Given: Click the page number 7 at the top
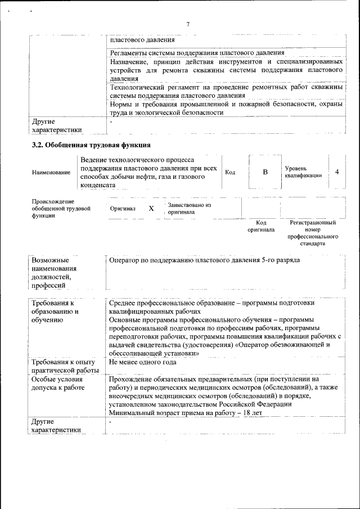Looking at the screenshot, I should click(x=188, y=24).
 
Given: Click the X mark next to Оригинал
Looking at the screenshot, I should click(x=151, y=208).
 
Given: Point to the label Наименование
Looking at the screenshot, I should click(x=51, y=173).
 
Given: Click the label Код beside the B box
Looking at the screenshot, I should click(x=230, y=172).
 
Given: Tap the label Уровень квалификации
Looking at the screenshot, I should click(x=303, y=172).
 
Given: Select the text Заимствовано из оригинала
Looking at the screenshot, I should click(x=189, y=209).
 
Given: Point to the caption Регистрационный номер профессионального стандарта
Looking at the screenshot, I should click(x=312, y=233).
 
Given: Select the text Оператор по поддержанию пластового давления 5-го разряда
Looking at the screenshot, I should click(x=205, y=260).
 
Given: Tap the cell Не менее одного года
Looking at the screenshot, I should click(x=143, y=362).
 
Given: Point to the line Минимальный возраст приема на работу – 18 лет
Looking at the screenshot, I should click(x=186, y=413).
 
